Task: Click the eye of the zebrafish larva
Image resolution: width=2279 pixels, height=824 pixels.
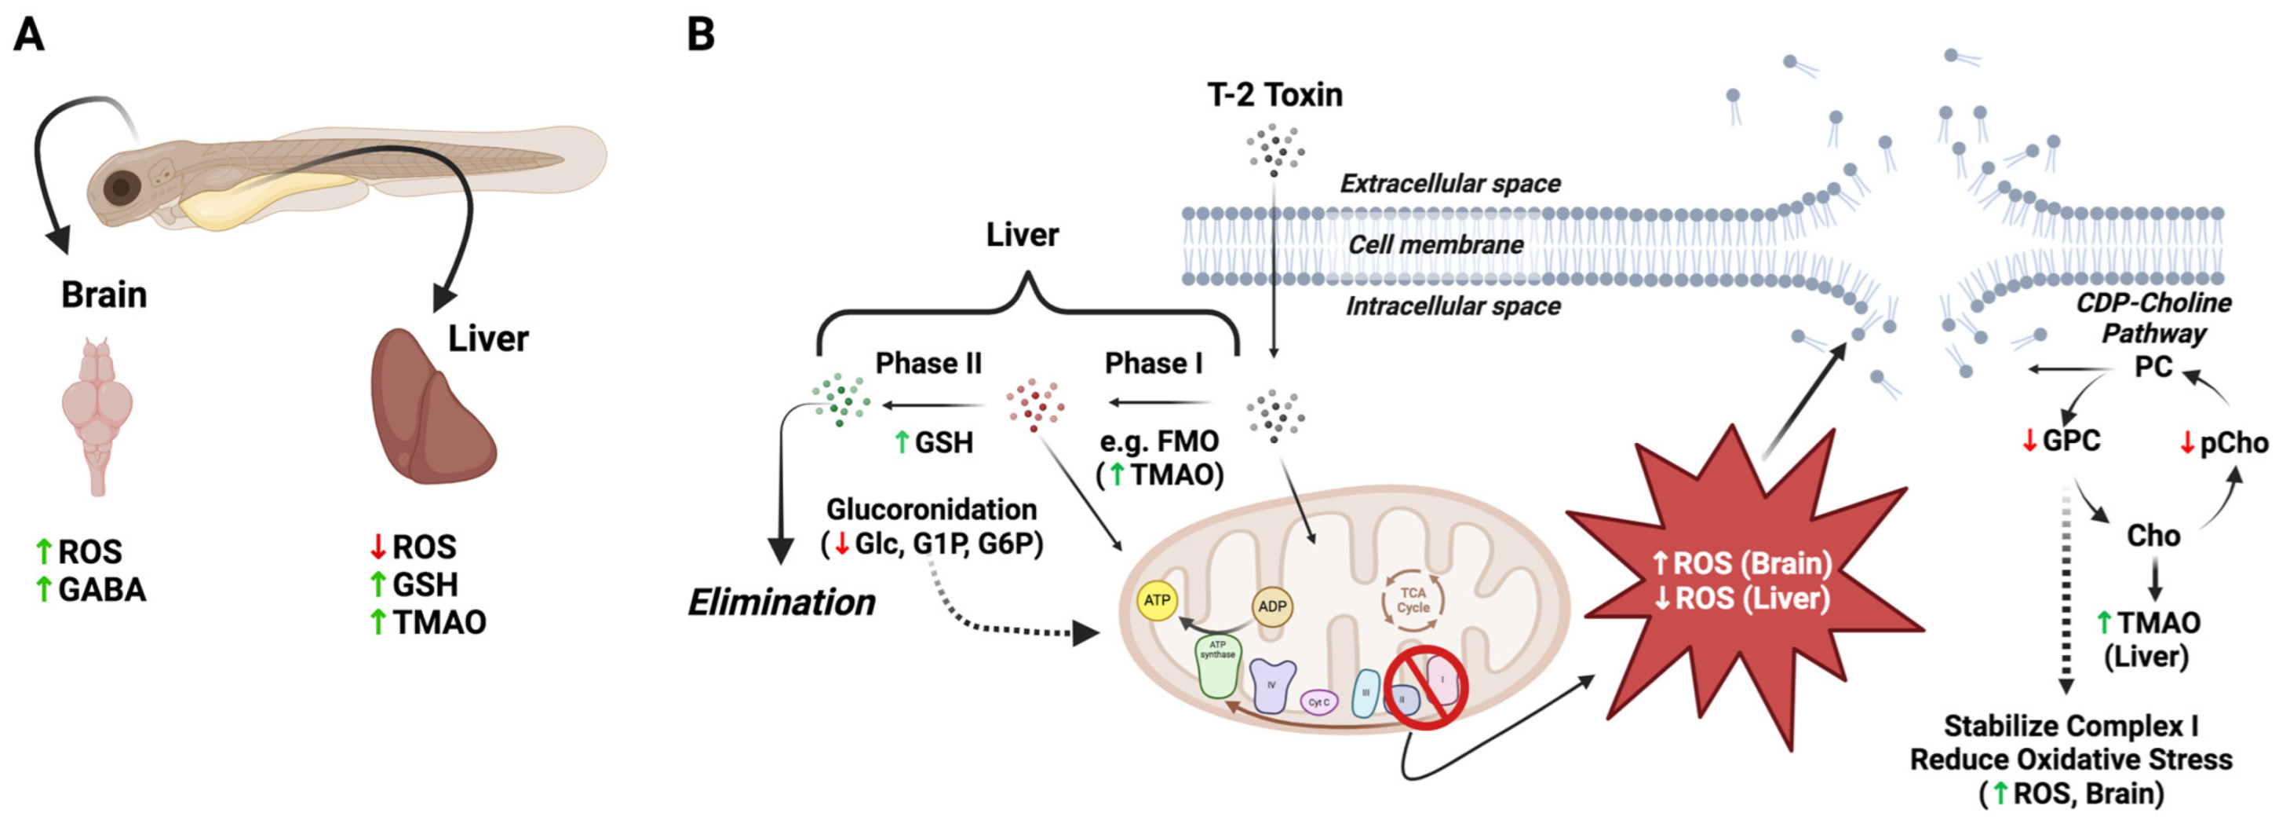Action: tap(121, 188)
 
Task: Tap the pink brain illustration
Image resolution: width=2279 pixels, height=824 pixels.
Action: tap(97, 412)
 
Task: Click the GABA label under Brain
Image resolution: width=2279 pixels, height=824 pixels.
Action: tap(101, 589)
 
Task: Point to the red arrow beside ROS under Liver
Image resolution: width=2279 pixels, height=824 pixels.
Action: tap(377, 547)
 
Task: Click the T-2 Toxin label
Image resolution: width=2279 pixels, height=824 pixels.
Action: tap(1274, 95)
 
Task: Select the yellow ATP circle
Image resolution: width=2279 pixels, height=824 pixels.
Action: tap(1156, 600)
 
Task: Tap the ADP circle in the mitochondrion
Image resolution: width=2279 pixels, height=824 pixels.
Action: tap(1272, 606)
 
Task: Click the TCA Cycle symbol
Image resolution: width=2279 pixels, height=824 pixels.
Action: tap(1413, 600)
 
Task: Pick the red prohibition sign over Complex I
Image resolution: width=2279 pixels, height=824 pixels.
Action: tap(1426, 687)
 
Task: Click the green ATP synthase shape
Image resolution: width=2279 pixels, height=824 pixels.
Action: tap(1217, 668)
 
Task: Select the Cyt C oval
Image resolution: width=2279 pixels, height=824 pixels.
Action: tap(1318, 702)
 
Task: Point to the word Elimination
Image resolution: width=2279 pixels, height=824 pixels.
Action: tap(781, 602)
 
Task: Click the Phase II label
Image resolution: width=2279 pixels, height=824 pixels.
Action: tap(928, 363)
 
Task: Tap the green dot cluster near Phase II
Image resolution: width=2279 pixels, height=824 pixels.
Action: tap(840, 400)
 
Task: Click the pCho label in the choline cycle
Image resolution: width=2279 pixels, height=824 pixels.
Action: tap(2233, 442)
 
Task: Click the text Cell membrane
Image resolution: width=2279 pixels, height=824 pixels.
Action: tap(1435, 244)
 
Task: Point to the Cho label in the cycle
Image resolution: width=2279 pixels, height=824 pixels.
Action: tap(2153, 536)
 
